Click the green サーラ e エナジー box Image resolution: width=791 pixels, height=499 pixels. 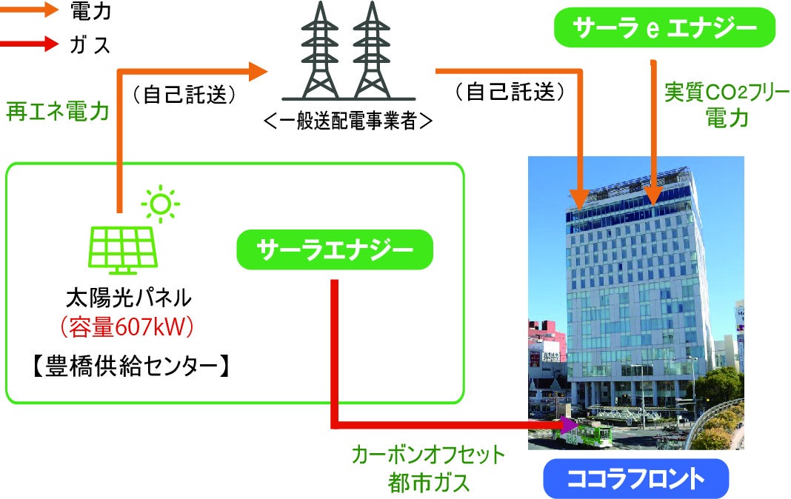tap(664, 27)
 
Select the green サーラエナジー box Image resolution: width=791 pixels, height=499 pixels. tap(335, 249)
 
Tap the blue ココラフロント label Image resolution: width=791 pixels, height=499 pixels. tap(636, 478)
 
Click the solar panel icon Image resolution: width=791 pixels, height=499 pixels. tap(123, 250)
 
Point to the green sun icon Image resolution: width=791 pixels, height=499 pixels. tap(161, 204)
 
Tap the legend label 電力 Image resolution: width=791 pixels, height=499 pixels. tap(90, 11)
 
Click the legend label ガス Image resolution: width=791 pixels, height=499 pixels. tap(90, 44)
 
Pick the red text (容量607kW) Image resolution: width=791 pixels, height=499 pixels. tap(127, 328)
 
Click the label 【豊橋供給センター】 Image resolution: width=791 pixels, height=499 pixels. tap(132, 366)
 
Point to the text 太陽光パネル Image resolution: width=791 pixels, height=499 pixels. tap(129, 298)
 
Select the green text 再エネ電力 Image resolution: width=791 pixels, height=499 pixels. tap(58, 111)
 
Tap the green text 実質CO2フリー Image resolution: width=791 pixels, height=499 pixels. tap(727, 93)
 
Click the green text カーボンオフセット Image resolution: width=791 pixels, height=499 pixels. tap(428, 455)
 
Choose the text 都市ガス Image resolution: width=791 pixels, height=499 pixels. tap(428, 483)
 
